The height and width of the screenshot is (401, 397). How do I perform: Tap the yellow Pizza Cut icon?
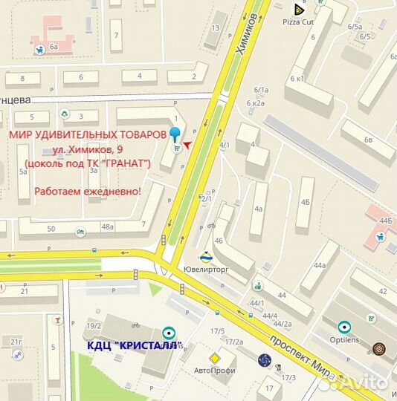(x=299, y=9)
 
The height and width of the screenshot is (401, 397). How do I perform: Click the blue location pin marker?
(x=175, y=134)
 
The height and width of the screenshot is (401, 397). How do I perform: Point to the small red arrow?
(x=187, y=144)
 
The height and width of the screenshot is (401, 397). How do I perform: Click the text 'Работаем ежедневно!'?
(x=87, y=191)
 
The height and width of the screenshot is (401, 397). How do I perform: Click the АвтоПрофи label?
(x=214, y=371)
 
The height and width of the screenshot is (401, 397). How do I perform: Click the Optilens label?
(x=343, y=339)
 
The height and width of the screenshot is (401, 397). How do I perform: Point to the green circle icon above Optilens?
(x=343, y=326)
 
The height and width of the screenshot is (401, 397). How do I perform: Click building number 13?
(x=216, y=27)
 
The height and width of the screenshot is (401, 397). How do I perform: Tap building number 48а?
(x=108, y=227)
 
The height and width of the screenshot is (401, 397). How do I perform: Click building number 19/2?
(x=94, y=326)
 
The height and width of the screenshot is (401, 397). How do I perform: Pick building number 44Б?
(x=385, y=221)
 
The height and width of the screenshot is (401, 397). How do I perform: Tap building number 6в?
(x=368, y=140)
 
